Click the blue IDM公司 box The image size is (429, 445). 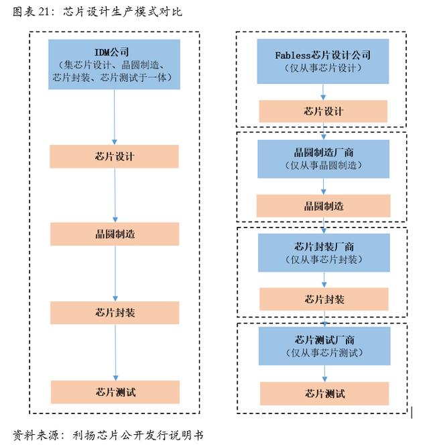[114, 64]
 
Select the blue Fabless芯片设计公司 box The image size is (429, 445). [322, 61]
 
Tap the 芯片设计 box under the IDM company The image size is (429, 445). [114, 156]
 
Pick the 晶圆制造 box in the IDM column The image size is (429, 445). [115, 234]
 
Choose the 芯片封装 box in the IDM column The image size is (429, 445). [115, 313]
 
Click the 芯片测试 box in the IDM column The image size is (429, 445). [115, 392]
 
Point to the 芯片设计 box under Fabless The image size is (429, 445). [323, 111]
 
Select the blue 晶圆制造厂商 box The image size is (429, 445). [323, 159]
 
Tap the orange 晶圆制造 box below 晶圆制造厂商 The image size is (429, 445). [323, 206]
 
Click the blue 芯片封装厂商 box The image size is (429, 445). [324, 253]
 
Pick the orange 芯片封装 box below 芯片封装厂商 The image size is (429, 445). [324, 299]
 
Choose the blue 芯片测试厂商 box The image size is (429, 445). [324, 346]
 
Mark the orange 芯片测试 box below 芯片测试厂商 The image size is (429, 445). [324, 393]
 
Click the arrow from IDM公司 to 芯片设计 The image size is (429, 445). [115, 117]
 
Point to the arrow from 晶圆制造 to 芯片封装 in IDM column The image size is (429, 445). [115, 273]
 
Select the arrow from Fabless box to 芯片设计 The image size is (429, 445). [323, 92]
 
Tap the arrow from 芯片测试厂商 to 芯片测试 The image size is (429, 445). [324, 373]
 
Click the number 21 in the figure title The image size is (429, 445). [44, 11]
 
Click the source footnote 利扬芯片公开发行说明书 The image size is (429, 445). [138, 435]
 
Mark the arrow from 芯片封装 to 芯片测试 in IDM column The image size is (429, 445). [115, 352]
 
